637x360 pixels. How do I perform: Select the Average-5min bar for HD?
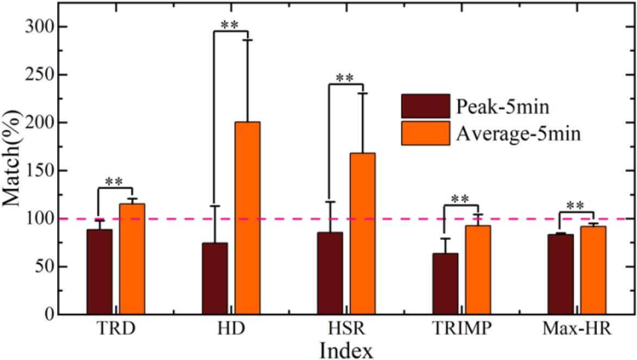248,218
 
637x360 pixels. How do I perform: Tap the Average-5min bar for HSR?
362,234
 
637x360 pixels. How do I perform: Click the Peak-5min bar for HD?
215,278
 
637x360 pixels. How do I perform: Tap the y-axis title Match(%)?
12,171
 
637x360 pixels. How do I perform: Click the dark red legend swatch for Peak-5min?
425,106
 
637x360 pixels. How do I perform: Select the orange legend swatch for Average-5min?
425,133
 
